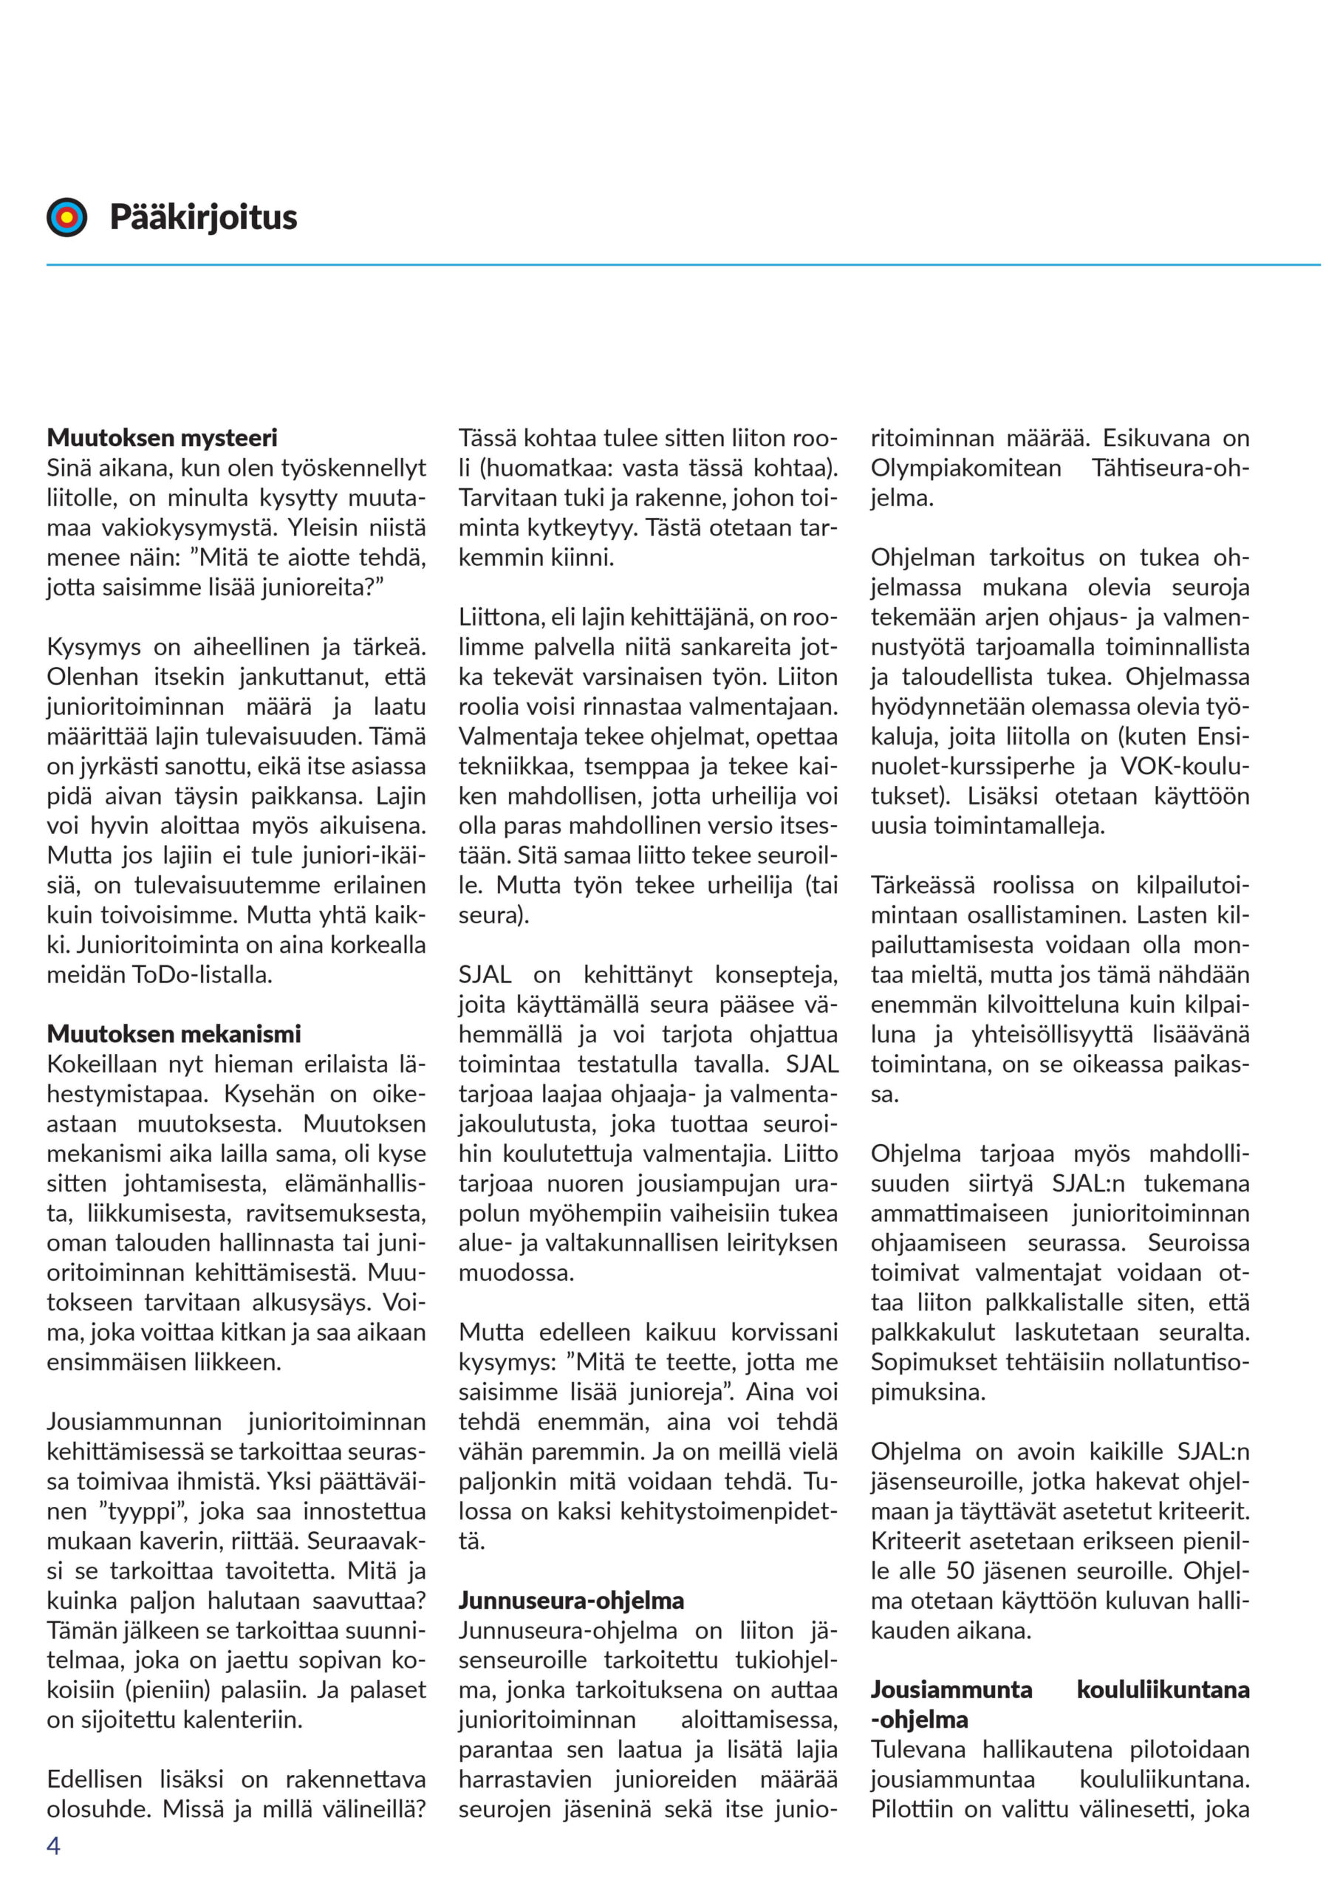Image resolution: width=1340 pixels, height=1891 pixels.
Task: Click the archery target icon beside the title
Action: (66, 217)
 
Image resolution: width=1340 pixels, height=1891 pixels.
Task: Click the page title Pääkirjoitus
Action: (203, 217)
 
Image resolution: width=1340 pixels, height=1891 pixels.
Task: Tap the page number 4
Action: (54, 1846)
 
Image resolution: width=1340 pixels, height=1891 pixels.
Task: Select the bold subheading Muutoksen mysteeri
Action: (162, 437)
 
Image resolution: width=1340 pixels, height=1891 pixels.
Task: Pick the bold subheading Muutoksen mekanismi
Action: (174, 1034)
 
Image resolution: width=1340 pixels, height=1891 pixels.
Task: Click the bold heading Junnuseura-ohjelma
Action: (571, 1601)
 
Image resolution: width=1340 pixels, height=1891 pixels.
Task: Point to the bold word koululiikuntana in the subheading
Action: (1163, 1689)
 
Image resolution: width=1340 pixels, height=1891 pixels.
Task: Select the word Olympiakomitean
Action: (965, 468)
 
